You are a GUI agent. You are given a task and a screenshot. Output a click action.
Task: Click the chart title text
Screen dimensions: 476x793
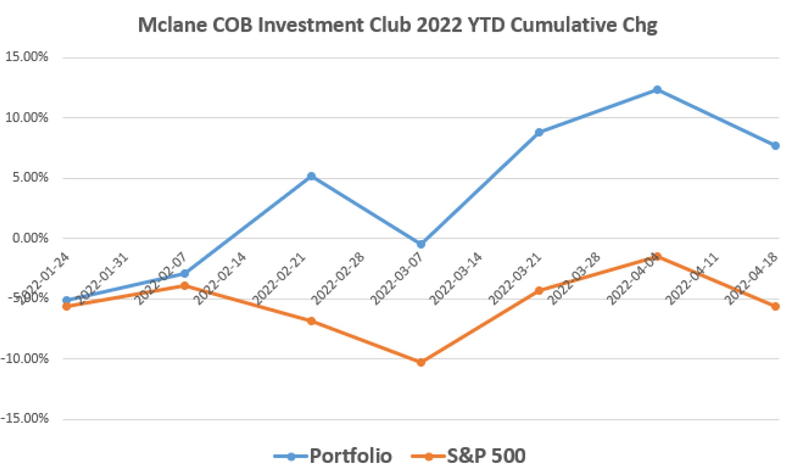pyautogui.click(x=397, y=25)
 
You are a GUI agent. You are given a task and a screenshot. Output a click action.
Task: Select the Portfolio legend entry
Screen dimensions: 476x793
pyautogui.click(x=350, y=456)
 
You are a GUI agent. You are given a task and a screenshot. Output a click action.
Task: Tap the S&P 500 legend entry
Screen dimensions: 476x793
pyautogui.click(x=486, y=456)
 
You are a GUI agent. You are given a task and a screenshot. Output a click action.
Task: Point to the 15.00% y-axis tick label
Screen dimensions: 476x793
pyautogui.click(x=26, y=57)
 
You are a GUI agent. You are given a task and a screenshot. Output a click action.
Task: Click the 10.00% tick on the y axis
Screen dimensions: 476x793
pyautogui.click(x=26, y=118)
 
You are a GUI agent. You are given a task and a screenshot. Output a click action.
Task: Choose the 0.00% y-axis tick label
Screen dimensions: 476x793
pyautogui.click(x=30, y=238)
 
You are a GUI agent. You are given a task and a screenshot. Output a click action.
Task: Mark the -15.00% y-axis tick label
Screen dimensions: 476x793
pyautogui.click(x=25, y=419)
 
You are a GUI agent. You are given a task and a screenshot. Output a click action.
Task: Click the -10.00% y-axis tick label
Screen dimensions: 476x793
pyautogui.click(x=25, y=359)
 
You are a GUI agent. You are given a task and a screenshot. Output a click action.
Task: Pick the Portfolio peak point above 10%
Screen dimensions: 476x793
pyautogui.click(x=657, y=90)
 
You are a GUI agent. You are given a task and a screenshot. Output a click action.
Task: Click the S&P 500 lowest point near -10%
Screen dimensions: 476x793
pyautogui.click(x=421, y=362)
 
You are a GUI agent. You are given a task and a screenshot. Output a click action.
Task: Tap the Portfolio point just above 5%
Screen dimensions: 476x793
pyautogui.click(x=311, y=176)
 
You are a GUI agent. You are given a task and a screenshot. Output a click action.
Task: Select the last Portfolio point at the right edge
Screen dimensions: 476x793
pyautogui.click(x=775, y=146)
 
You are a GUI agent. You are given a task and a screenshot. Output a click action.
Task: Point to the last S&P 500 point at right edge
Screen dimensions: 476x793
pyautogui.click(x=775, y=306)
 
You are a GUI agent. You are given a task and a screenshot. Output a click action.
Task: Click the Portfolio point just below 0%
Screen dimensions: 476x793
pyautogui.click(x=421, y=244)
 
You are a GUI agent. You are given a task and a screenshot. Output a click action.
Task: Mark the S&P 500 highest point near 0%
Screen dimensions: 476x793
pyautogui.click(x=657, y=256)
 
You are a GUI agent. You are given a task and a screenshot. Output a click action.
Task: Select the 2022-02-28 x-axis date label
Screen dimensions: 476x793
pyautogui.click(x=338, y=279)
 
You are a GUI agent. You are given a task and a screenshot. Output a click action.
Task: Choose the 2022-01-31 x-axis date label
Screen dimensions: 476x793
pyautogui.click(x=102, y=279)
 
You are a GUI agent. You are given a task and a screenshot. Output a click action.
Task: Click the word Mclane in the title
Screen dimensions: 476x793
pyautogui.click(x=172, y=25)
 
